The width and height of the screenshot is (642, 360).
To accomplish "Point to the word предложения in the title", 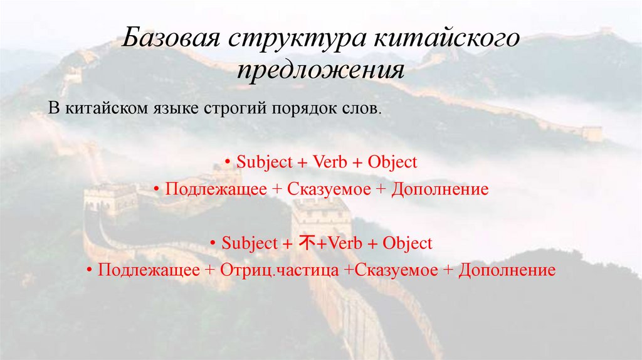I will click(320, 70).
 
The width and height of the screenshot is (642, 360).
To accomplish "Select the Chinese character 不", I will click(307, 243).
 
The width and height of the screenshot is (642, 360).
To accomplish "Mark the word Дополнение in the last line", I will click(507, 270).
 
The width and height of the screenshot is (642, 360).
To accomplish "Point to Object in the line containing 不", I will click(408, 243).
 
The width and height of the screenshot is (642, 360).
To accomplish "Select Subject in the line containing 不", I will click(250, 243).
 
